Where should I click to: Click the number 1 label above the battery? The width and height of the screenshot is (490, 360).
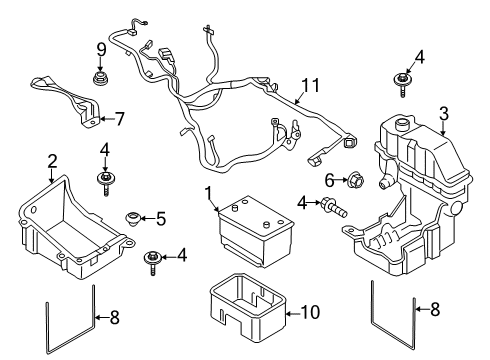tap(208, 191)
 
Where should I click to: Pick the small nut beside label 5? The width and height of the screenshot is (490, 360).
tap(131, 217)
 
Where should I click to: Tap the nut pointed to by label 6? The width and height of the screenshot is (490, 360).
tap(354, 181)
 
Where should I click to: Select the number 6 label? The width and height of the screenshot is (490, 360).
tap(328, 180)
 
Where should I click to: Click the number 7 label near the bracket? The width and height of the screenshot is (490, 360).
tap(119, 119)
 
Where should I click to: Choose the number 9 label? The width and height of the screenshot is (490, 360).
tap(100, 49)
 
